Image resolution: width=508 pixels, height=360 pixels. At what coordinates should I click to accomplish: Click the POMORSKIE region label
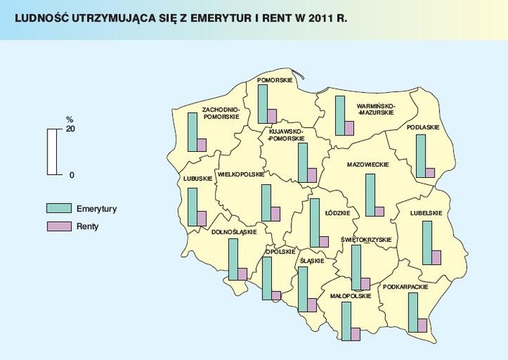[274, 80]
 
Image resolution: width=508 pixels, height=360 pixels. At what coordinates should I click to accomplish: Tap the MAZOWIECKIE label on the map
[368, 165]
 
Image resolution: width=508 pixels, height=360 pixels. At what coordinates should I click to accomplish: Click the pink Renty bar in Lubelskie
[436, 258]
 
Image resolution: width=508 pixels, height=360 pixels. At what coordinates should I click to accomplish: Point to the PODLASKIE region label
[423, 127]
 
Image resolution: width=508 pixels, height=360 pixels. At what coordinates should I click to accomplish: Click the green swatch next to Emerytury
[56, 208]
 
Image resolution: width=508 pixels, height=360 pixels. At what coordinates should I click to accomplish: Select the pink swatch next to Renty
[56, 227]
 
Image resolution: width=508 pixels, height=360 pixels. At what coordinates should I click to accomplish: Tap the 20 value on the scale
[71, 129]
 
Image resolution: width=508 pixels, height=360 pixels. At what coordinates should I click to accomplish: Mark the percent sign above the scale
[70, 120]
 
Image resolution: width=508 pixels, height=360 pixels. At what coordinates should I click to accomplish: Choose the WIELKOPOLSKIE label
[241, 174]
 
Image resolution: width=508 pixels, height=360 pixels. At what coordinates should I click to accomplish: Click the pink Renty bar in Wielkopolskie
[275, 215]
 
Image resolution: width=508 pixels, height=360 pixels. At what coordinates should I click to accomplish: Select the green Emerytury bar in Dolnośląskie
[232, 260]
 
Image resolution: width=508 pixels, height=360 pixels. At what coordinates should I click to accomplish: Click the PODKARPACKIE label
[406, 287]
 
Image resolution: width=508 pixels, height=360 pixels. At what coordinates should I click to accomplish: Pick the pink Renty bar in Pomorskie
[271, 117]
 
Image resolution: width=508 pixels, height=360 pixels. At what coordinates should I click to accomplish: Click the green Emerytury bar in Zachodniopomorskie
[192, 132]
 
